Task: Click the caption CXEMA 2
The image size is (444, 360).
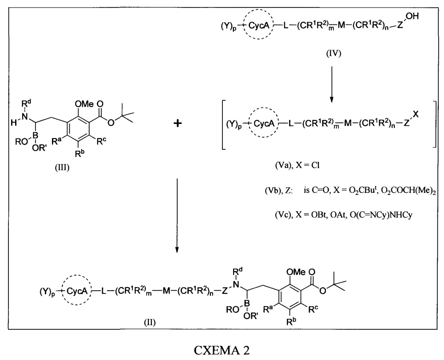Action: coord(222,350)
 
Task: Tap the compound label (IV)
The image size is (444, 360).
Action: coord(333,53)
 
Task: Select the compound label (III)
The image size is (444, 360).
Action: coord(62,168)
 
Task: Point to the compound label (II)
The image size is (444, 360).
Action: coord(150,322)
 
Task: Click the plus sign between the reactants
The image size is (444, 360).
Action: coord(178,123)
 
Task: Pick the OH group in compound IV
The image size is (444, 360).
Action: coord(412,16)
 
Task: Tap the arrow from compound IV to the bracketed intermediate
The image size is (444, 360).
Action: coord(332,84)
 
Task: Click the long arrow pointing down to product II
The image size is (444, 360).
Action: coord(177,215)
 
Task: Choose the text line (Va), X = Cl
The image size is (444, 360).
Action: coord(297,165)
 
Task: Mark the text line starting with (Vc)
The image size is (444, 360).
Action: coord(344,215)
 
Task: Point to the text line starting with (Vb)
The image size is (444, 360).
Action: coord(350,191)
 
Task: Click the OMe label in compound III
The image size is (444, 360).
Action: coord(84,104)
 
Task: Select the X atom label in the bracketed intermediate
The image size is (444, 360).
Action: coord(416,115)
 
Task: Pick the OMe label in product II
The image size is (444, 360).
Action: coord(296,272)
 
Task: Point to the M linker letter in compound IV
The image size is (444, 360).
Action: coord(341,25)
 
